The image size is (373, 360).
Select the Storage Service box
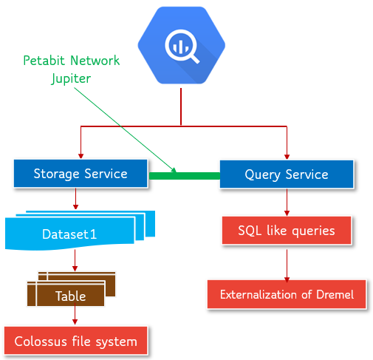80,174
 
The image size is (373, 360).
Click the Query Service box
286,175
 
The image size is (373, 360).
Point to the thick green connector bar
185,175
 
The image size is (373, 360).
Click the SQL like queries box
286,231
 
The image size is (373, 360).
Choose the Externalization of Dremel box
286,294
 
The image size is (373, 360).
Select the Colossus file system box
75,342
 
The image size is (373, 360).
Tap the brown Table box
70,296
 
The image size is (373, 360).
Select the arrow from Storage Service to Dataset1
75,200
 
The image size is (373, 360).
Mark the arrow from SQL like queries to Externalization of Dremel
287,263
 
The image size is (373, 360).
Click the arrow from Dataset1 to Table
75,259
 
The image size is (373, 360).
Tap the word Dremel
335,294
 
